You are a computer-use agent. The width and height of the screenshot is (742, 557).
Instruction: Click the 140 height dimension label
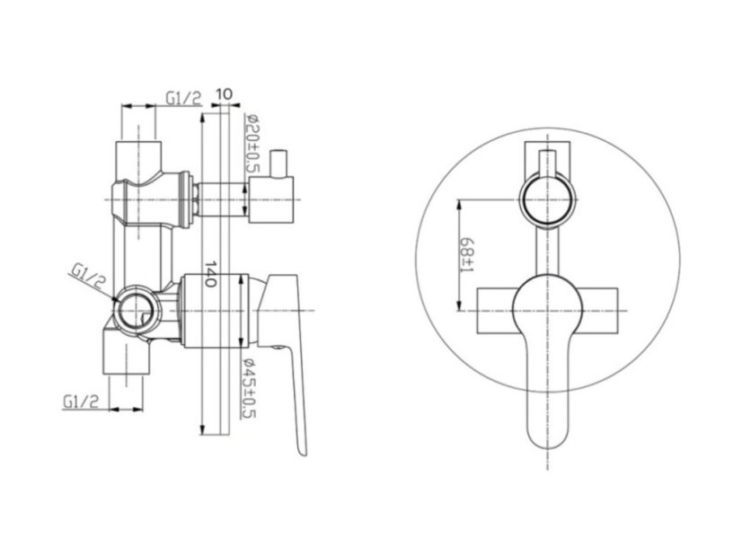click(x=210, y=273)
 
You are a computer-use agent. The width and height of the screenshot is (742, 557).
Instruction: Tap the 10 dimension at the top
click(x=224, y=93)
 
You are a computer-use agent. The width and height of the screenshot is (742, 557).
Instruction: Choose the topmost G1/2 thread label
click(x=183, y=98)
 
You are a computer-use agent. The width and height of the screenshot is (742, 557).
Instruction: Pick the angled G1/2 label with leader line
click(x=88, y=277)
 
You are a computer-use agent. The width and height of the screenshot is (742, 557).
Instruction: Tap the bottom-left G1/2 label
click(x=81, y=402)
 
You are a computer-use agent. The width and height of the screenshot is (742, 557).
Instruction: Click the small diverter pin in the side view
click(x=278, y=164)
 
